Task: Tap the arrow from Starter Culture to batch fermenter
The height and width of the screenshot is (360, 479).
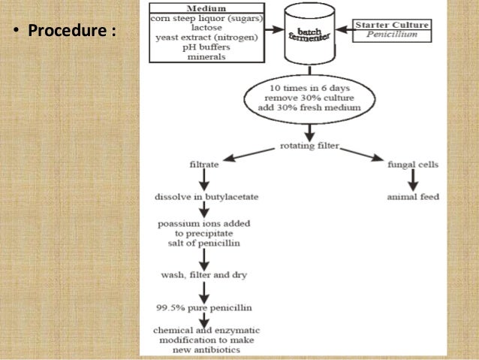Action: (345, 31)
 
